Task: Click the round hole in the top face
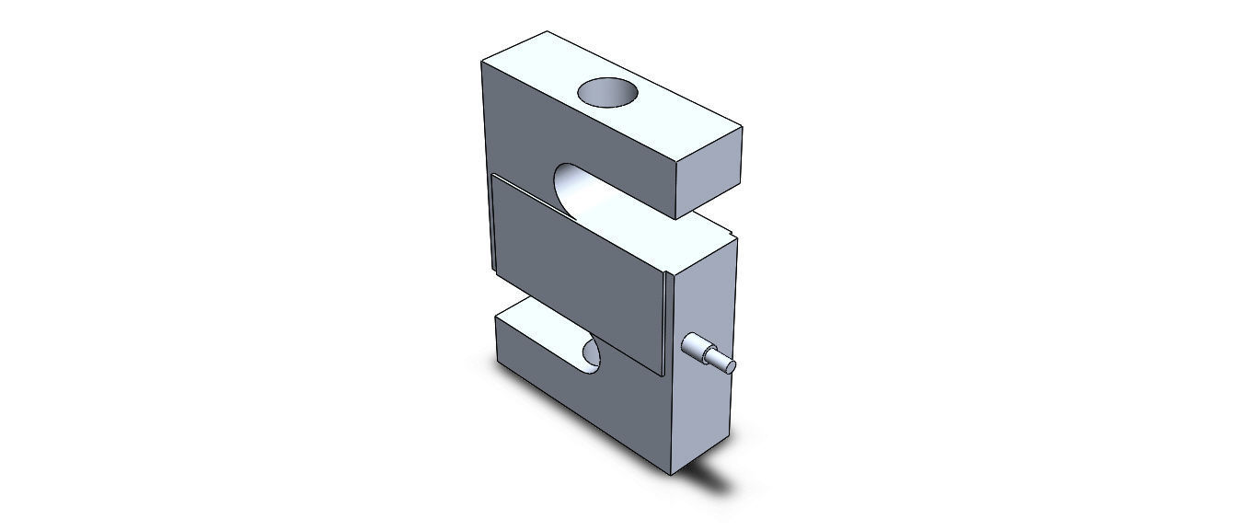click(607, 93)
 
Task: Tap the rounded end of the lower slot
click(589, 355)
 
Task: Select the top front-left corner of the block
click(483, 62)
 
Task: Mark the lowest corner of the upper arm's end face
click(678, 217)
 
